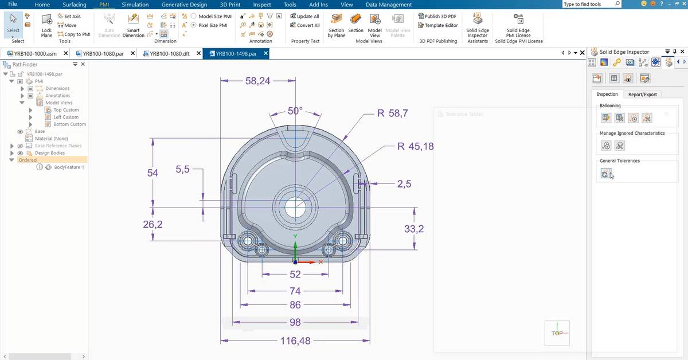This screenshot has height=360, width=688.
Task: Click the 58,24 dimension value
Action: (x=257, y=81)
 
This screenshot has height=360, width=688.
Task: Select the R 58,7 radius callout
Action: (x=393, y=114)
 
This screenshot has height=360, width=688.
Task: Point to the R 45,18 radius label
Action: (x=415, y=147)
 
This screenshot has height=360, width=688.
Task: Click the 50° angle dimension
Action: (x=295, y=111)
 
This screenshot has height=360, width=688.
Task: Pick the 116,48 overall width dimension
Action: (x=295, y=341)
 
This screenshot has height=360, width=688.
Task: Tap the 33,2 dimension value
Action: (x=414, y=229)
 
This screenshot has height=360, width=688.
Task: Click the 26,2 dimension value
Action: (x=153, y=225)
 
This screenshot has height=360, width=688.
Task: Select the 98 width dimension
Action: (x=295, y=322)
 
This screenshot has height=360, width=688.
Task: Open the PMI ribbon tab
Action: (x=104, y=5)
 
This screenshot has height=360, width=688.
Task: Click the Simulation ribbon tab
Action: (x=135, y=5)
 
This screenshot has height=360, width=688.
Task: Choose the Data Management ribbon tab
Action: (x=389, y=5)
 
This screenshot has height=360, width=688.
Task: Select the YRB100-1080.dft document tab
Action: (x=169, y=53)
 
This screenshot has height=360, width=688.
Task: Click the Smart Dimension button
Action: (x=133, y=26)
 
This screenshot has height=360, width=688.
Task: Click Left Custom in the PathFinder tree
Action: (x=65, y=117)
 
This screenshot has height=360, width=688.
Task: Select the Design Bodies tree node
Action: (x=50, y=153)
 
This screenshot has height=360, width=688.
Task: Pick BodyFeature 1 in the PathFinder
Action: (x=69, y=167)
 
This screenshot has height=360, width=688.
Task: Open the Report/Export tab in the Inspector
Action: (x=642, y=94)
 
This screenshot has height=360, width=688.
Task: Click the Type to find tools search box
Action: (x=591, y=4)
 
